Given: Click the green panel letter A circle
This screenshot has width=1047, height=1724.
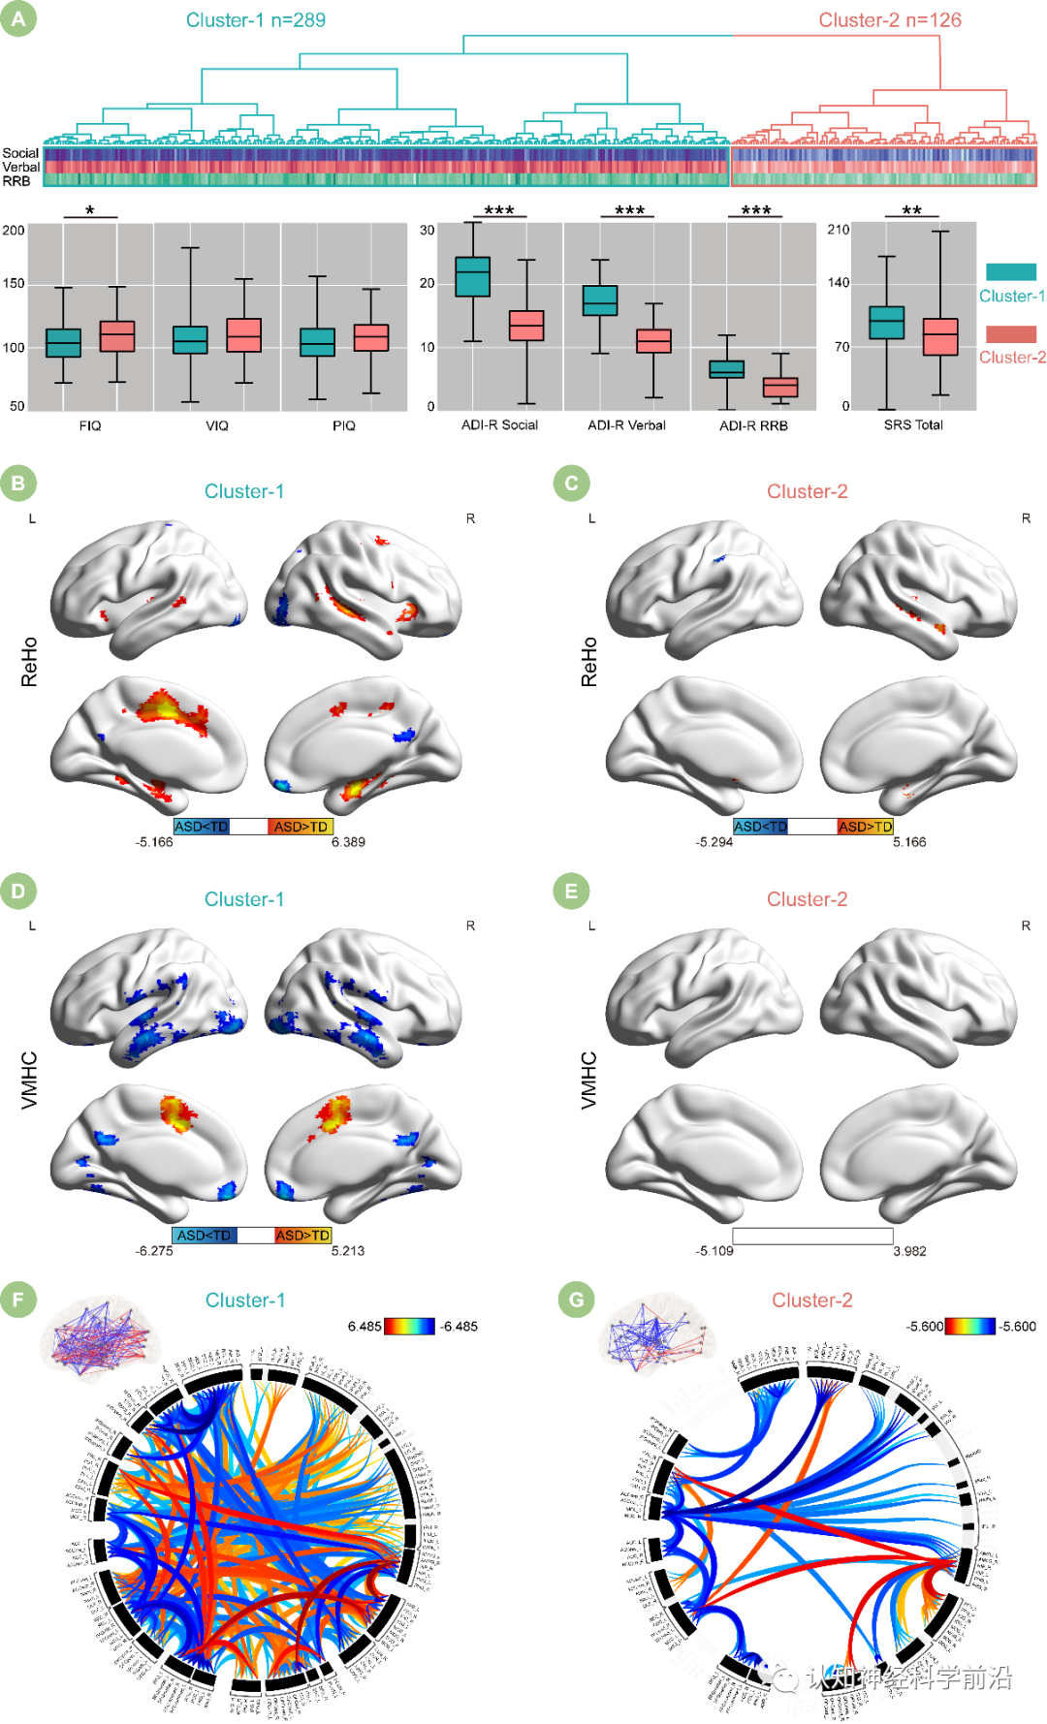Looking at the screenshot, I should click(x=18, y=18).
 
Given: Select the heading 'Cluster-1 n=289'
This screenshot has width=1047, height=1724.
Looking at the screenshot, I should click(x=256, y=20).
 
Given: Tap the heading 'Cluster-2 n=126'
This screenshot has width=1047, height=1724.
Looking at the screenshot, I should click(x=890, y=20).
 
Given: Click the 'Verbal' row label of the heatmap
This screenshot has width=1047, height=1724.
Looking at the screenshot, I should click(x=21, y=168).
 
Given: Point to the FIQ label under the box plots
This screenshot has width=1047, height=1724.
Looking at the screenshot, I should click(x=90, y=425).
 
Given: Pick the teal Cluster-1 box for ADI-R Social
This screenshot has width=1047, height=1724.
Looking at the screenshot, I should click(x=472, y=276).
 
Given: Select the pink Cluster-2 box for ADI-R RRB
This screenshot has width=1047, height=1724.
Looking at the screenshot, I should click(x=780, y=387).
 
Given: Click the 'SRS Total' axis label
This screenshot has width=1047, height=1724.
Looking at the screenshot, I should click(x=913, y=424).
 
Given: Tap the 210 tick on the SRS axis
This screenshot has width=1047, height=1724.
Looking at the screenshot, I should click(x=838, y=230).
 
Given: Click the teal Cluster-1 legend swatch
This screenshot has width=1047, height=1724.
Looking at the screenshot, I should click(x=1011, y=272).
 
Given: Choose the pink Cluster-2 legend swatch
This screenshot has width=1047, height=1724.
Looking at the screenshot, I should click(x=1011, y=333).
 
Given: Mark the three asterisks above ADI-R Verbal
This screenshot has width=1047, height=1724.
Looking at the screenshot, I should click(x=629, y=210).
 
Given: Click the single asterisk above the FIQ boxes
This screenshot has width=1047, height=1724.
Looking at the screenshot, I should click(x=90, y=210).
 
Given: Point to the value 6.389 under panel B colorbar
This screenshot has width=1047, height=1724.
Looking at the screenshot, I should click(x=348, y=842).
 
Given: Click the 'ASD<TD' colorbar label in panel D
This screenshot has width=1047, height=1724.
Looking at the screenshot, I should click(x=204, y=1236).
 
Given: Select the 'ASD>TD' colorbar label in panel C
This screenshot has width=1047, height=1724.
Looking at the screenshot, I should click(x=865, y=827).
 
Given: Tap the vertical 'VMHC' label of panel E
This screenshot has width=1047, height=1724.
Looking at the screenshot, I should click(x=589, y=1080).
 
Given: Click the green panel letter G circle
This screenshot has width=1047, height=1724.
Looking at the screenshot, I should click(x=577, y=1300).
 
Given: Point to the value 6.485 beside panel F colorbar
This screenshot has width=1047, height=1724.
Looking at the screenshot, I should click(x=365, y=1327).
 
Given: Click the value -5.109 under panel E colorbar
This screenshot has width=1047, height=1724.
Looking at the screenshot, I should click(x=714, y=1251).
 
